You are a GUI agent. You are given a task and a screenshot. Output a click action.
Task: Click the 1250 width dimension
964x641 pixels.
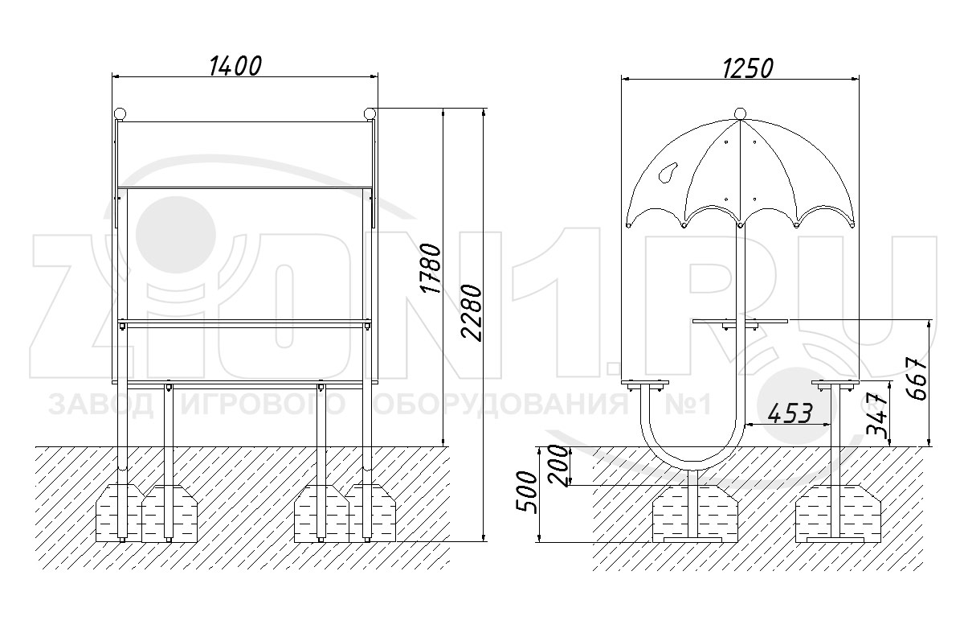click(748, 69)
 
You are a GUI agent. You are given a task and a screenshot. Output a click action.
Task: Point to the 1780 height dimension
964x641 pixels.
click(431, 269)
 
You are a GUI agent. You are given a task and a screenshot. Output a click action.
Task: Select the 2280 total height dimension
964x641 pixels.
click(472, 313)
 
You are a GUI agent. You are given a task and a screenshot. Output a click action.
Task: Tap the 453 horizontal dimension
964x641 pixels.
click(790, 413)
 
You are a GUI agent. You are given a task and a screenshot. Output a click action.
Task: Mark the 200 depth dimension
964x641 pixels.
click(559, 466)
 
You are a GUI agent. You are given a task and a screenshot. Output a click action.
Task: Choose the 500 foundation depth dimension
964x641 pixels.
click(527, 492)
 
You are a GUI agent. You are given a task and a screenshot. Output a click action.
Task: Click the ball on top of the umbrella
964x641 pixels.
click(740, 113)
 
